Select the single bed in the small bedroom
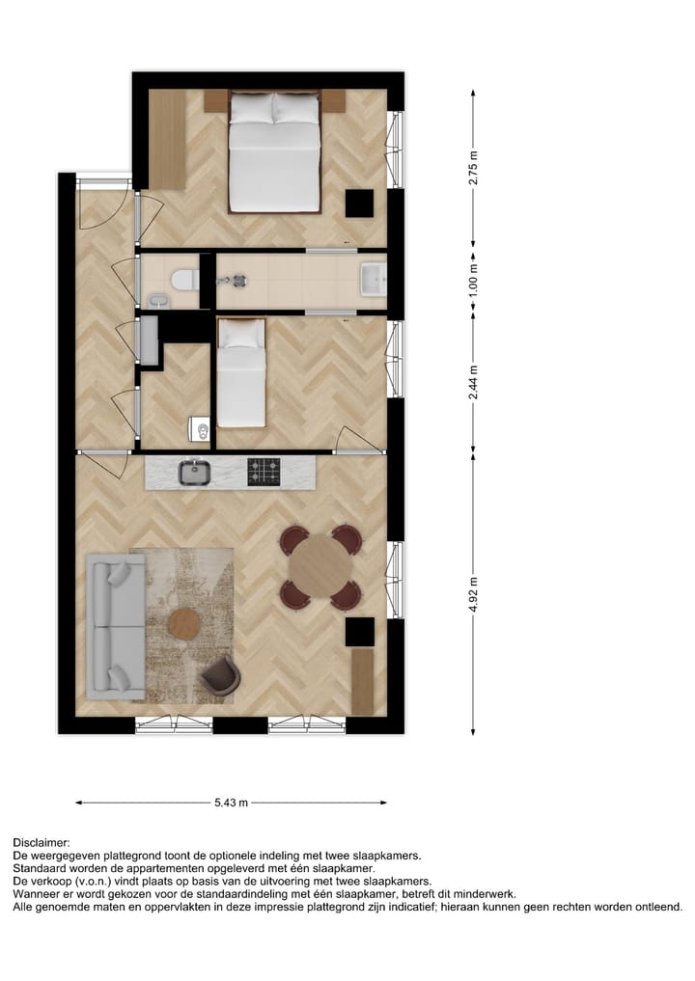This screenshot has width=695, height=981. point(240,374)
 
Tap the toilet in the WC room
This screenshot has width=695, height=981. point(182,281)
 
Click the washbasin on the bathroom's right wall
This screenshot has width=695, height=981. point(373,281)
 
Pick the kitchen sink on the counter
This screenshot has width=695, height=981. point(195,472)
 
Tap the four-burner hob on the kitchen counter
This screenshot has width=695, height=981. point(264,472)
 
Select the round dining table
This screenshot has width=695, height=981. point(320,567)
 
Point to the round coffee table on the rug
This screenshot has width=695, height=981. point(184,624)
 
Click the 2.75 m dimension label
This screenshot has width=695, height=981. point(473,167)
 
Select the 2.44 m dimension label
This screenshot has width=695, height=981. point(473,379)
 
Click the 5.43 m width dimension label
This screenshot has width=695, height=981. point(231,802)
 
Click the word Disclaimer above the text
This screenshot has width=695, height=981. point(42,843)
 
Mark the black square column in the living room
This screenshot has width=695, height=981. point(360,632)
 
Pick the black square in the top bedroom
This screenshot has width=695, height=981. point(360,204)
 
